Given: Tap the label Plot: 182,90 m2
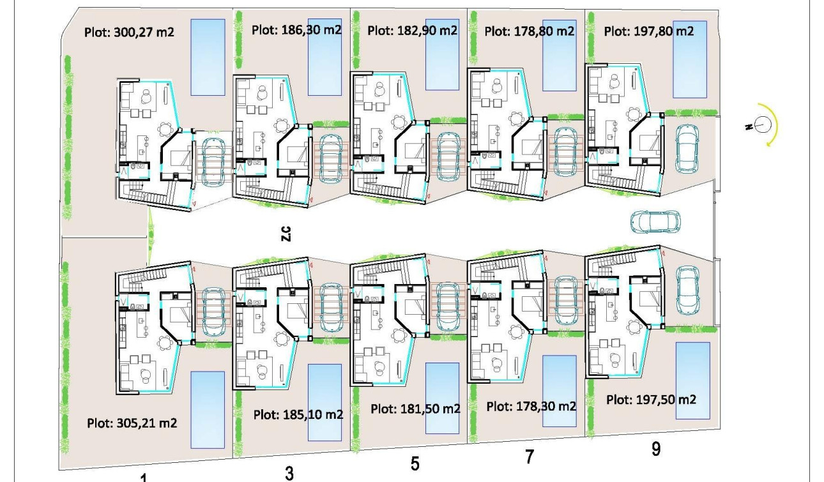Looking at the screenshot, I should pyautogui.click(x=413, y=30).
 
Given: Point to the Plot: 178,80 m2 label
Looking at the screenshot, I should pyautogui.click(x=530, y=30).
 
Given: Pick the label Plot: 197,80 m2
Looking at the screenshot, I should pyautogui.click(x=648, y=30).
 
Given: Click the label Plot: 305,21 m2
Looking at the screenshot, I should pyautogui.click(x=132, y=423).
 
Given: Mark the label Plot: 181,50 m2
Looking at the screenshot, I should pyautogui.click(x=415, y=409).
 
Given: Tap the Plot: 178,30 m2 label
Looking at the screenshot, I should pyautogui.click(x=531, y=406).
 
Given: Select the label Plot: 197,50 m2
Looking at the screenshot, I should pyautogui.click(x=651, y=399).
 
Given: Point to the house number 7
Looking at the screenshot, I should pyautogui.click(x=529, y=457).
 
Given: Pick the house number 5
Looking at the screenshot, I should pyautogui.click(x=415, y=464).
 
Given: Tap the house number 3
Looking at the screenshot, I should pyautogui.click(x=289, y=473).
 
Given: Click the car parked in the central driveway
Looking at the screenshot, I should pyautogui.click(x=651, y=222).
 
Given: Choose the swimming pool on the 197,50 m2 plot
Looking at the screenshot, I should pyautogui.click(x=692, y=380).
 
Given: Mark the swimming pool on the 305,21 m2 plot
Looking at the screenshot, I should pyautogui.click(x=208, y=409).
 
